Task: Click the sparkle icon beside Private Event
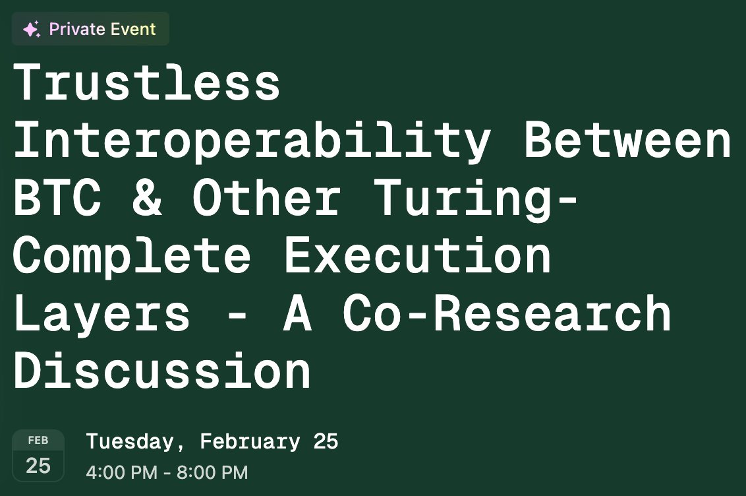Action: pyautogui.click(x=31, y=29)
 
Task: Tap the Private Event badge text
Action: pyautogui.click(x=102, y=29)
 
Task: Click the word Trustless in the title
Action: pyautogui.click(x=146, y=82)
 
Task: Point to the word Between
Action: pyautogui.click(x=627, y=140)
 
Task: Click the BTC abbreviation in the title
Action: pyautogui.click(x=57, y=198)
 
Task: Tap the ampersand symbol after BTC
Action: pyautogui.click(x=146, y=198)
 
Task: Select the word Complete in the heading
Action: pyautogui.click(x=132, y=255)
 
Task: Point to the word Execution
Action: pyautogui.click(x=417, y=255)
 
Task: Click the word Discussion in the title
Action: pyautogui.click(x=161, y=371)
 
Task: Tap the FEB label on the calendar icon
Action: pyautogui.click(x=38, y=441)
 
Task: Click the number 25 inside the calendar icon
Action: pyautogui.click(x=38, y=466)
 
